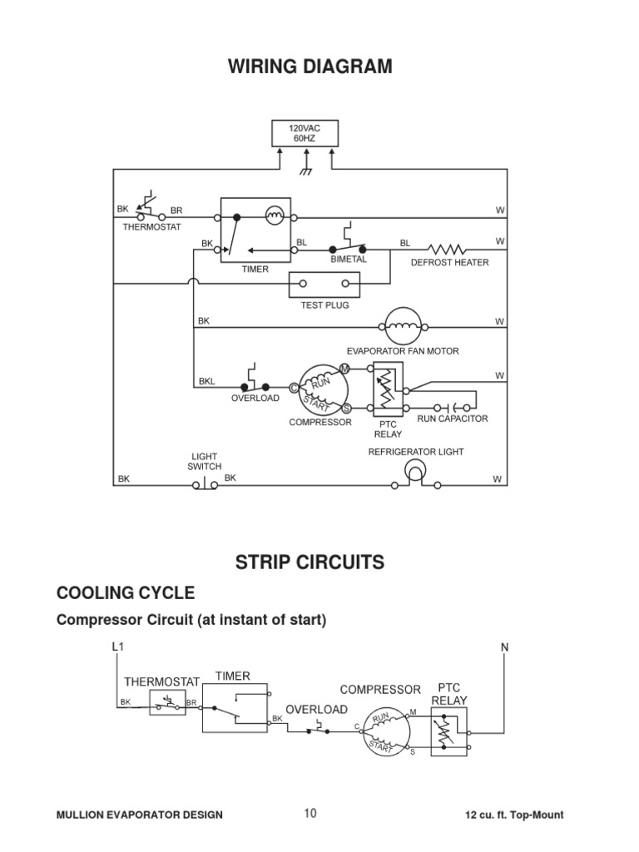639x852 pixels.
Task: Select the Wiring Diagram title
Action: [x=310, y=67]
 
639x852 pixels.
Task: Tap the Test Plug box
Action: [x=324, y=285]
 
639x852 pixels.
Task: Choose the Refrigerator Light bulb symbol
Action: [x=414, y=472]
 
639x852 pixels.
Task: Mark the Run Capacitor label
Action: [x=452, y=419]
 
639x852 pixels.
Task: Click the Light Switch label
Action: [x=205, y=462]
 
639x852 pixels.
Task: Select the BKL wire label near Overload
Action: [x=206, y=382]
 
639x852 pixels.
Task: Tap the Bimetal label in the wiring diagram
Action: [x=349, y=260]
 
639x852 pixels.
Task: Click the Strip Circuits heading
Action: [x=310, y=562]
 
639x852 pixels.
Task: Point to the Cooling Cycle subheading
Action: [x=125, y=593]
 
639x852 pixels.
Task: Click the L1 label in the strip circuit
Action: [x=117, y=646]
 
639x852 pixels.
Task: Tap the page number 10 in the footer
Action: [x=310, y=814]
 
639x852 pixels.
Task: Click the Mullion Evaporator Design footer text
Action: [x=140, y=815]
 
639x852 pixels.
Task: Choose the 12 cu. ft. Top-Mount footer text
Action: [x=516, y=815]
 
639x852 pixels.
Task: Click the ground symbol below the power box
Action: [x=305, y=171]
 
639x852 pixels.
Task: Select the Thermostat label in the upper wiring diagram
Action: [x=151, y=226]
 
